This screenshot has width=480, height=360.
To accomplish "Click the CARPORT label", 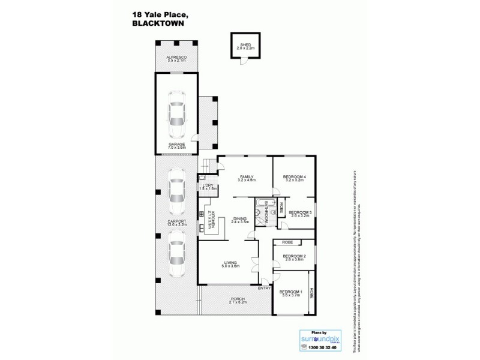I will tap(176, 221).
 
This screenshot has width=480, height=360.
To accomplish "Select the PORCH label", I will tap(238, 299).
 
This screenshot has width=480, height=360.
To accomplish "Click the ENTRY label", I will tap(264, 289).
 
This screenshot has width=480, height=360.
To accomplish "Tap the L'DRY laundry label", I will tap(208, 186).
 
